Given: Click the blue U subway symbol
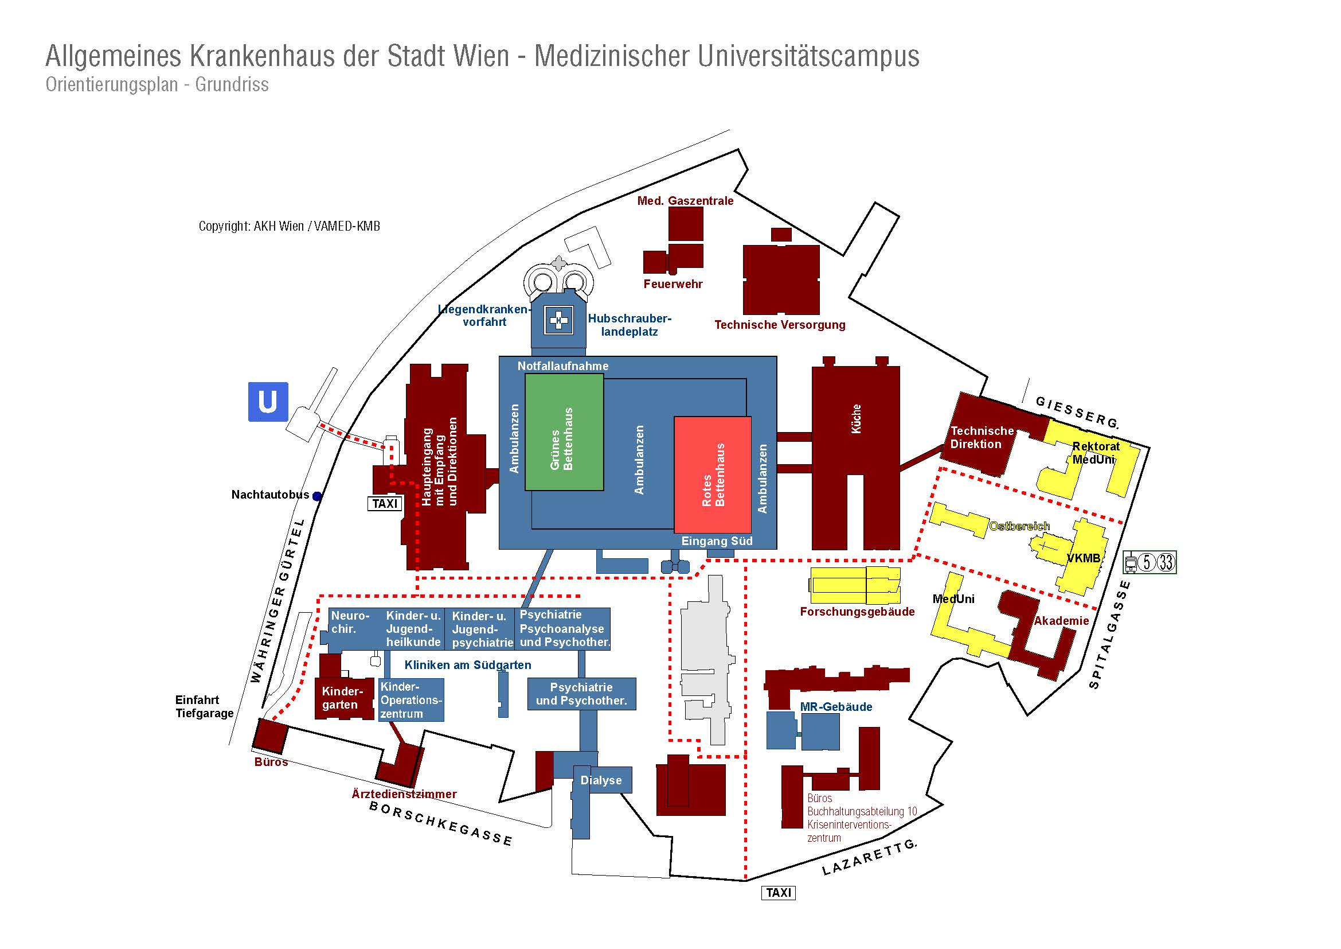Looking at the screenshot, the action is coord(268,402).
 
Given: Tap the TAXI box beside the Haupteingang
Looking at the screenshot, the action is coord(384,503).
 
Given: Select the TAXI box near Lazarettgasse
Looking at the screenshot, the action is coord(779,892).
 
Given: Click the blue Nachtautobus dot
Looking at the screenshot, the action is coord(316,496).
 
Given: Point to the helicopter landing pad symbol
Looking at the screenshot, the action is coord(558,320).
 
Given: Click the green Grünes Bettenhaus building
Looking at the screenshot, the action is coord(564,432).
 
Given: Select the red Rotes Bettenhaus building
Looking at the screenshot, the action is coord(713,474).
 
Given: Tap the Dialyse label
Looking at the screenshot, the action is coord(601,780).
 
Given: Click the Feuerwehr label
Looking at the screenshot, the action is coord(673,284).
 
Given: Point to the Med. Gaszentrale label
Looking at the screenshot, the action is coord(685,201).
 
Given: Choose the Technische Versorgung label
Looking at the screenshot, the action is coord(780,325).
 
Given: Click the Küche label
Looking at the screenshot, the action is coord(856,418).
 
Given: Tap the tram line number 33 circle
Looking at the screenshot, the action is coord(1166,562).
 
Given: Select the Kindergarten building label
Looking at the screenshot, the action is coord(342,698).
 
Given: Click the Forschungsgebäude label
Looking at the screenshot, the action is coord(857,612).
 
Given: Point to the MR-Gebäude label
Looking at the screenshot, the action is coord(836,706).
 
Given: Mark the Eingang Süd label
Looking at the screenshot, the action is coord(717,541).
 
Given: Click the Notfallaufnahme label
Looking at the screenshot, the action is coord(563,366).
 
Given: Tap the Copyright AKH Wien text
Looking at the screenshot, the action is coord(289,226).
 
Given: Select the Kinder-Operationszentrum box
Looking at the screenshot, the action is coord(411,700).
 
